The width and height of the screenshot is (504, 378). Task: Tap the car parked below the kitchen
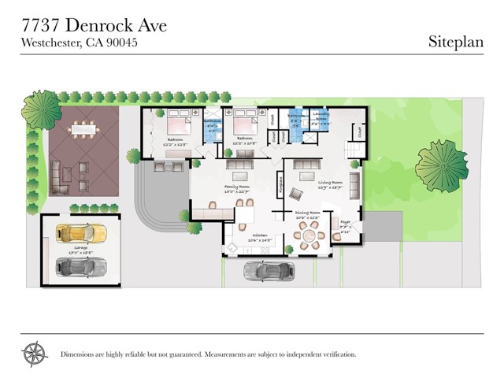point(265,271)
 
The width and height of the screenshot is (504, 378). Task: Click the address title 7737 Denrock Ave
point(94,25)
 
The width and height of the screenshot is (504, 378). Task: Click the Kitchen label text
point(261,235)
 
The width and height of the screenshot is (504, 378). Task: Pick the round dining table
point(308,235)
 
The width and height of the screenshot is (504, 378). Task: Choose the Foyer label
point(344,221)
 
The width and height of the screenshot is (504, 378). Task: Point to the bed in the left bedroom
point(178,125)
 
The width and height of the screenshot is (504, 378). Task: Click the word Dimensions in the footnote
point(82,354)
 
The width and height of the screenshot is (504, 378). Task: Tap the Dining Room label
point(308,213)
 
